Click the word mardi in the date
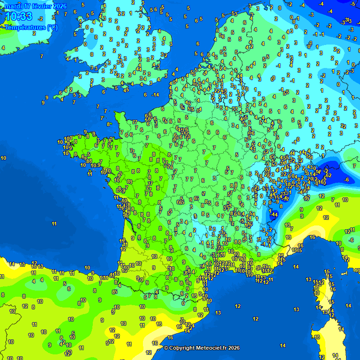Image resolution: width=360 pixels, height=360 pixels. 13,6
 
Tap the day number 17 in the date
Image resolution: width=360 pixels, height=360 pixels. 27,6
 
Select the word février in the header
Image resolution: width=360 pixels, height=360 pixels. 42,6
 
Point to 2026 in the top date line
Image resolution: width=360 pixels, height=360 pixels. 59,6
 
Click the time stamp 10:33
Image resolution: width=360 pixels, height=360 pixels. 19,17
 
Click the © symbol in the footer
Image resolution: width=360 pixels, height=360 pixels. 166,348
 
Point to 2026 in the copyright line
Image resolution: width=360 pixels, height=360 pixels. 234,348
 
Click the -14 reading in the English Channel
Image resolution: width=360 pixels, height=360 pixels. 156,95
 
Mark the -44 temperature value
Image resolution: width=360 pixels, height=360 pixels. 274,214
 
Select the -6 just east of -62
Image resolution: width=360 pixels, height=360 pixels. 346,180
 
